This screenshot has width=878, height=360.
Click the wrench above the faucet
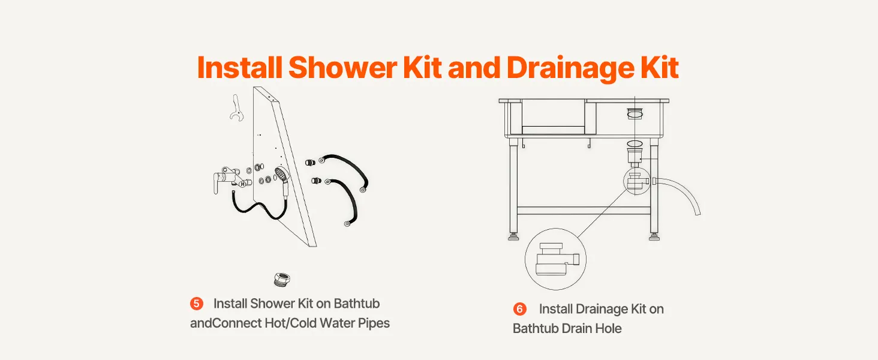pos(236,108)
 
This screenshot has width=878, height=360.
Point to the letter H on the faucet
pos(243,184)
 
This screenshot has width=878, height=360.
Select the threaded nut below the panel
pos(281,280)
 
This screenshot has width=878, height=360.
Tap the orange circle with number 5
pos(196,304)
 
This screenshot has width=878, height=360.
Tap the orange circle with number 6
pos(520,309)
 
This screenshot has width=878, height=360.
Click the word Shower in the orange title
pos(343,67)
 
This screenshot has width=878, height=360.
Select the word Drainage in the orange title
pos(570,68)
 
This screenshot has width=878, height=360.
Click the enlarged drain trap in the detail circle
pos(557,259)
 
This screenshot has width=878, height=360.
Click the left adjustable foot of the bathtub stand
pos(513,236)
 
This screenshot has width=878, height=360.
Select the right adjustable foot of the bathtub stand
pos(654,236)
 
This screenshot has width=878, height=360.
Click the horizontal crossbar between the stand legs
pos(584,211)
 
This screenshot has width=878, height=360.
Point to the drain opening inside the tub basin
pos(635,114)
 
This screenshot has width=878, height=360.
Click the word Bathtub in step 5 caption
pos(357,304)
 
